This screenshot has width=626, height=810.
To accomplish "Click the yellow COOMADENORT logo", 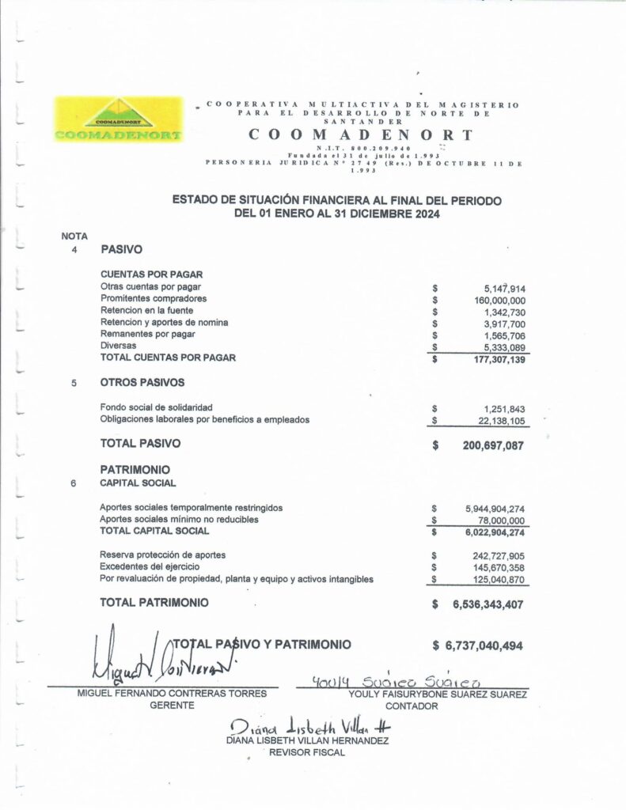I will point(117,119).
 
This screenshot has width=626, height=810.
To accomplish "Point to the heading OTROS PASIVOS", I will point(142,382).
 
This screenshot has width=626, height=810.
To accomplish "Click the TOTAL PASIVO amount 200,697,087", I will point(492,445).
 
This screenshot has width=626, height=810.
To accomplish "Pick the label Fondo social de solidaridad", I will point(157,407).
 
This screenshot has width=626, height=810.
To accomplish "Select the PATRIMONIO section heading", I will point(135,469).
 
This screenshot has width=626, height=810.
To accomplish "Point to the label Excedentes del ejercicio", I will point(150,567).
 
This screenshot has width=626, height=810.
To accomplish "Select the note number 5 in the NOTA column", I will point(74,383).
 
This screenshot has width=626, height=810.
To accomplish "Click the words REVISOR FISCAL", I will point(307,753).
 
